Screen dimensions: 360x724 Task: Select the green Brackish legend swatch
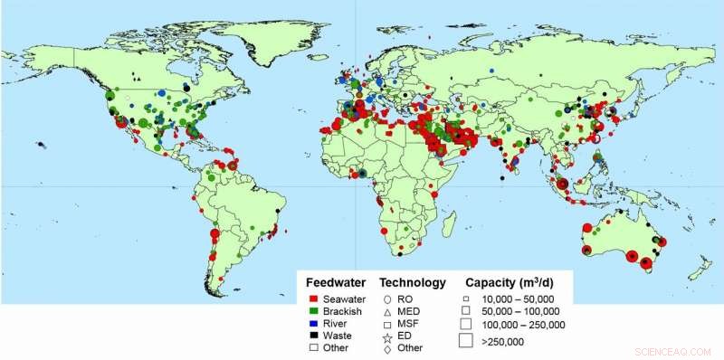(x=312, y=309)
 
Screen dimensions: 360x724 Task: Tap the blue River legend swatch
(x=312, y=321)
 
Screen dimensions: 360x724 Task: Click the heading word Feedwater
(x=336, y=281)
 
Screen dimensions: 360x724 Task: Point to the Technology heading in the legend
(x=413, y=281)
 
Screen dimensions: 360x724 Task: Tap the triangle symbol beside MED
(x=387, y=310)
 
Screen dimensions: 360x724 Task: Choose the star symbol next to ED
(x=387, y=335)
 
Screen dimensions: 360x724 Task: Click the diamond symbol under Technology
(x=387, y=347)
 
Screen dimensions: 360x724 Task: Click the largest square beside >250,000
(x=465, y=341)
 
